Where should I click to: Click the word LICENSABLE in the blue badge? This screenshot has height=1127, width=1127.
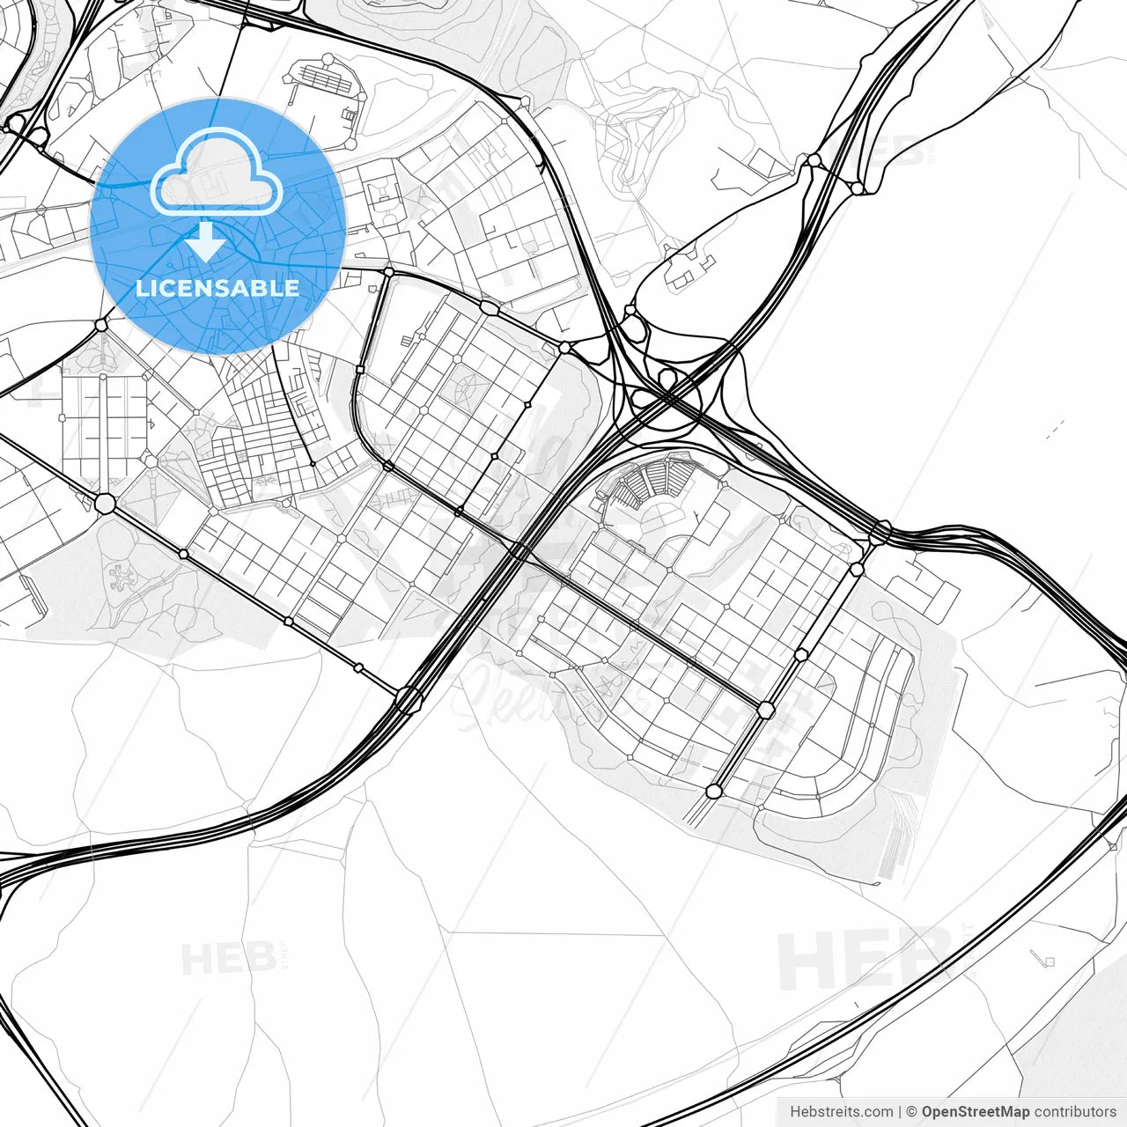pos(217,288)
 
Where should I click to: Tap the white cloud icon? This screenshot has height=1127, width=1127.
pos(217,173)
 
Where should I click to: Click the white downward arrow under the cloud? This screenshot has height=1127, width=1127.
pos(207,241)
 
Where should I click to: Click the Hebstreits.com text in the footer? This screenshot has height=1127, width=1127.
pos(841,1112)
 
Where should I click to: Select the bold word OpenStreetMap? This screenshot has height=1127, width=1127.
pos(976,1112)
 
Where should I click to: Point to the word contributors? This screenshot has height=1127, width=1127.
pos(1075,1112)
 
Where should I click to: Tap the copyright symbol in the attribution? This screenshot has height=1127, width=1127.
pos(911,1112)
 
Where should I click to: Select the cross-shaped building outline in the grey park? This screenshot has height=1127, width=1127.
pos(118,578)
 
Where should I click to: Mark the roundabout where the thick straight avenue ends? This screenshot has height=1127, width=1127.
pos(766,710)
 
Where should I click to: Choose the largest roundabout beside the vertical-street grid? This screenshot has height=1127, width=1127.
pos(105,504)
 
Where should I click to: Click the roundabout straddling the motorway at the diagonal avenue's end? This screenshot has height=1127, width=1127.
pos(408,700)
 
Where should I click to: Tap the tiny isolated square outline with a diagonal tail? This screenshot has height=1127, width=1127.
pos(1047,960)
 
